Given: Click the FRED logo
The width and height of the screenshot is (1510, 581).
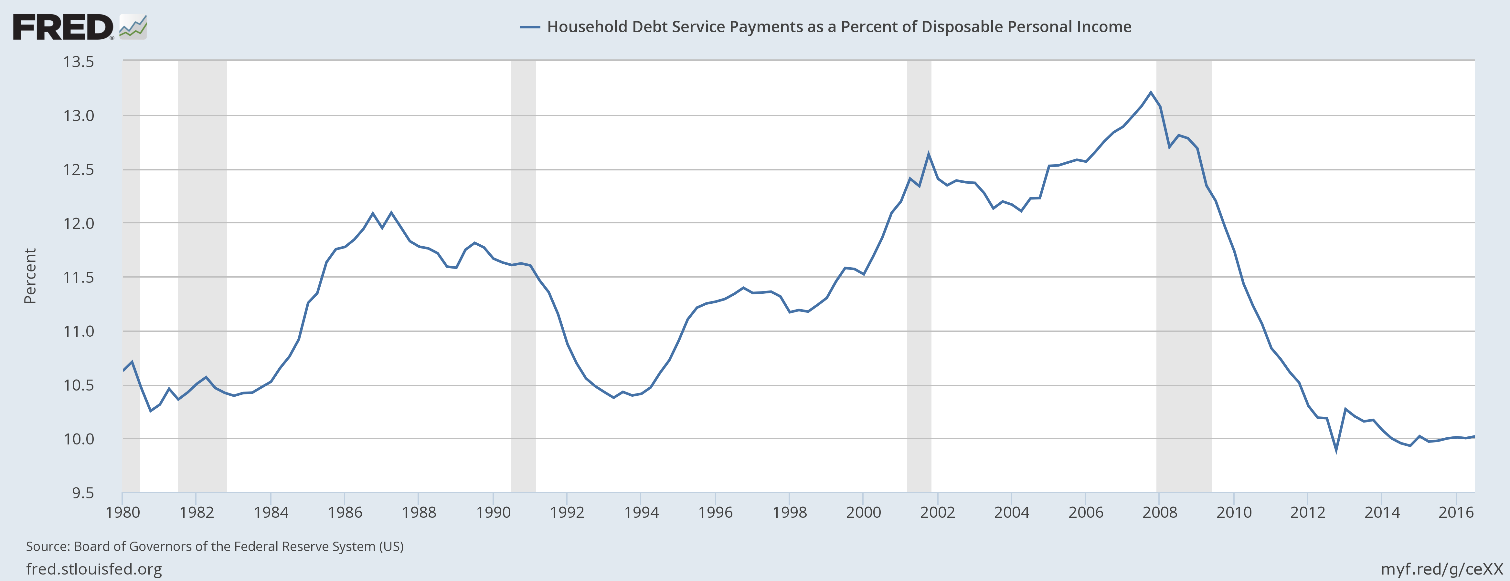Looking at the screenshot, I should pos(79,27).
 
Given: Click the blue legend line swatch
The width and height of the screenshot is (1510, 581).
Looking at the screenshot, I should pos(529,27).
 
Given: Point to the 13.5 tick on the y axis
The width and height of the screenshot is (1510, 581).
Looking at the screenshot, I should pos(79,62).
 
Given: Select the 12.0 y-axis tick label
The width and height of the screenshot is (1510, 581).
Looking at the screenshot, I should pos(79,223).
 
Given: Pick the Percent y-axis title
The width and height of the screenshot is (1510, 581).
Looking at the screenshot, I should pos(30,276).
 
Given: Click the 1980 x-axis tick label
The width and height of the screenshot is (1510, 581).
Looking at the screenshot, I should pos(122,513).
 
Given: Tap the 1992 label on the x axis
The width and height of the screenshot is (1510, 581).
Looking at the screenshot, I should pos(567,513).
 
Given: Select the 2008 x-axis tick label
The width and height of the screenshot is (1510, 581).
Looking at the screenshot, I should pos(1159,513).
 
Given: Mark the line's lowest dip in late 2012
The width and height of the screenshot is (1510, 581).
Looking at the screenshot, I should pos(1336,450).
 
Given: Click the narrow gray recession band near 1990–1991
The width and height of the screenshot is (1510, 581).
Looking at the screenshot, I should pos(523,275).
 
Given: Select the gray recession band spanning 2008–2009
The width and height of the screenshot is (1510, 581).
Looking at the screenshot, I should pos(1184,275).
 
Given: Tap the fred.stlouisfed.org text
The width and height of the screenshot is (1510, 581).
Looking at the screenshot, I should pos(94,569).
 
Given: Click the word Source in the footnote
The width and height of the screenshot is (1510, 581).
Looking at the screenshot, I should pos(47,546).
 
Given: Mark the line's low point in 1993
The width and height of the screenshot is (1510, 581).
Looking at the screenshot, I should pos(614,398).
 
